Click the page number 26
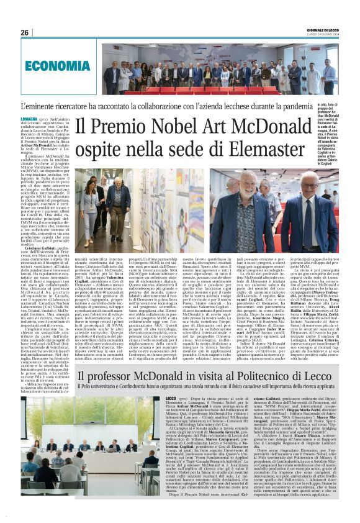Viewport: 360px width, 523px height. click(x=25, y=32)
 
